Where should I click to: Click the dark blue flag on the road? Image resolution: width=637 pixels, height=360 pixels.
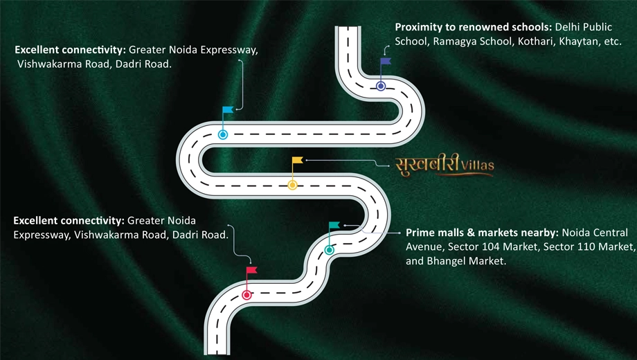coord(386,61)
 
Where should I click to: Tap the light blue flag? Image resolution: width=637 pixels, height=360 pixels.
coord(228,109)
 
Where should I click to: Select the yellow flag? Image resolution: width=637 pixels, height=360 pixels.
coord(297,160)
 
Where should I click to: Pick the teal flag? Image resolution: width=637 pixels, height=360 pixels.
coord(334,225)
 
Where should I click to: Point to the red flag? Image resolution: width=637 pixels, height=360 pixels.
coord(251,270)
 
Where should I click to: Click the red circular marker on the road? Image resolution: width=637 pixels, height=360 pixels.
coord(246,295)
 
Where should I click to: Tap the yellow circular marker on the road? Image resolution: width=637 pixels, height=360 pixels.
coord(292,186)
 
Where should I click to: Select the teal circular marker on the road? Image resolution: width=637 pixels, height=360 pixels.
coord(330,250)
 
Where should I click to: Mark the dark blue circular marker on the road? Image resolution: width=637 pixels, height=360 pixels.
coord(381,86)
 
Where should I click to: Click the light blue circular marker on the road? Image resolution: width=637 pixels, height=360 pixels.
coord(223,134)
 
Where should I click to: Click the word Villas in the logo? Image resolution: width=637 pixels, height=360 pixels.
coord(478,165)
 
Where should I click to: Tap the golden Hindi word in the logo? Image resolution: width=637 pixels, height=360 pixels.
coord(427,165)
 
